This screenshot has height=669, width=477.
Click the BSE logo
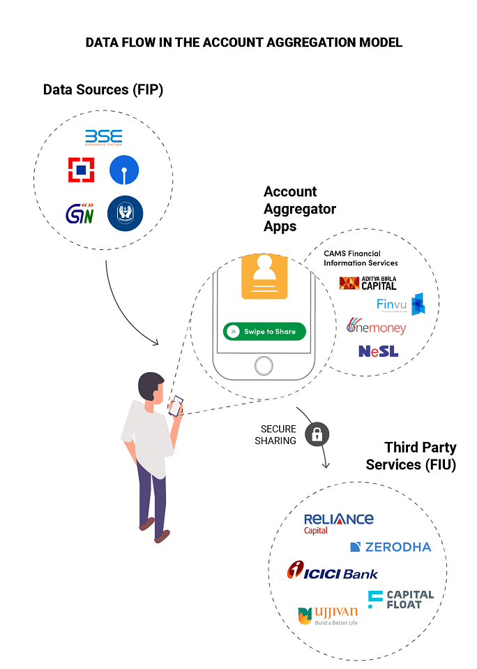103,136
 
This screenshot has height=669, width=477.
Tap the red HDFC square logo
81,170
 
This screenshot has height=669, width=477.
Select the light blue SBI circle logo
124,170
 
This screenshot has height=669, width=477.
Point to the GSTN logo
81,213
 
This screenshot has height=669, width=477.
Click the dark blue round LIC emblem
125,213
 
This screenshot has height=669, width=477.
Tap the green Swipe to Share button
264,332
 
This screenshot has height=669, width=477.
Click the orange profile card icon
264,277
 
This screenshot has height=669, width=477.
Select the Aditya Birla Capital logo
368,282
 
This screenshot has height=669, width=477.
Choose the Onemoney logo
376,327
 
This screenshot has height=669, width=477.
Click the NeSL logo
378,351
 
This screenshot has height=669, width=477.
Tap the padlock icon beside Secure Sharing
317,434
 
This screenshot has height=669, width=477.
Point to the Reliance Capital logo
338,523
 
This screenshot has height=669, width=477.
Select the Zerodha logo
391,547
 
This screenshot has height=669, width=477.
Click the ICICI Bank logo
332,572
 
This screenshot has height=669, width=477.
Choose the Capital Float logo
401,599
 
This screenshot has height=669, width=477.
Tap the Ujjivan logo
328,615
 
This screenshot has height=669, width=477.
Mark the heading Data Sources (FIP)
103,89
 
